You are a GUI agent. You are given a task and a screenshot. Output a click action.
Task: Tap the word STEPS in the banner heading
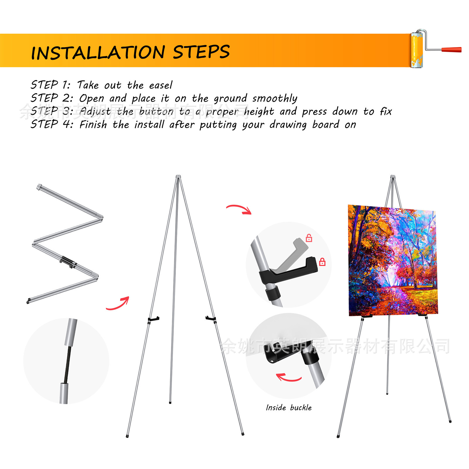tap(201, 52)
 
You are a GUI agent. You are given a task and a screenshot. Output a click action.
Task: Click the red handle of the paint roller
tap(451, 50)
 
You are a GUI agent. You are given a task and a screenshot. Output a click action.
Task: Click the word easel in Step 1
tap(161, 85)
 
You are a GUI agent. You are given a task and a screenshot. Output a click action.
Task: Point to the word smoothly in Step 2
tap(275, 98)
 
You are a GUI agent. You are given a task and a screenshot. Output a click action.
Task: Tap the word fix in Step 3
tap(386, 111)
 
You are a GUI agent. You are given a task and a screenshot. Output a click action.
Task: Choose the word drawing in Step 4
tap(288, 125)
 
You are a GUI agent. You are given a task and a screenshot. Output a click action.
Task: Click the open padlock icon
tap(309, 238)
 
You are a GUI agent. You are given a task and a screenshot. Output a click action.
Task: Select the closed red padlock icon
tap(322, 262)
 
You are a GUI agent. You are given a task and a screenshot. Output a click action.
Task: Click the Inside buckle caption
tap(289, 407)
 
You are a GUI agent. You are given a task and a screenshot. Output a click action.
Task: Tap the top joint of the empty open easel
tap(178, 177)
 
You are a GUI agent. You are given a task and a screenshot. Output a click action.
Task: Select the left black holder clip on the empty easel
tap(153, 319)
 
